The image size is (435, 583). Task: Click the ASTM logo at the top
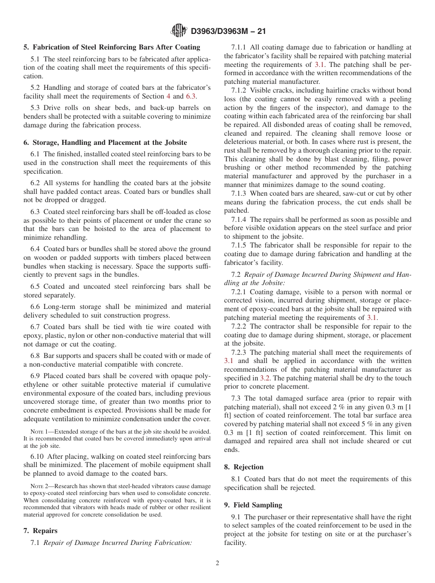(x=179, y=31)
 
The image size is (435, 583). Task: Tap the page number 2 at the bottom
(x=217, y=563)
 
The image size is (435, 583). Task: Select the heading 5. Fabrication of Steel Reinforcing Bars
(x=112, y=47)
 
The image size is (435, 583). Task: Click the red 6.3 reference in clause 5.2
(x=191, y=96)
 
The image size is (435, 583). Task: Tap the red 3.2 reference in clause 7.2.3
(x=265, y=378)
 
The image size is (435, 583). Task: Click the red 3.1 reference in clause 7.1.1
(x=320, y=64)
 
